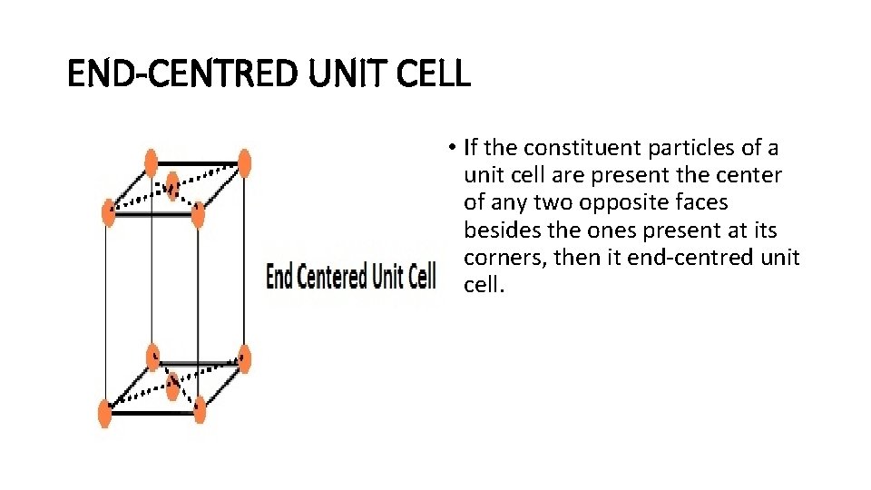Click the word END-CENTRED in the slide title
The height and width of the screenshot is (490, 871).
[181, 73]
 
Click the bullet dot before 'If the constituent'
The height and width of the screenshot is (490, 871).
[451, 148]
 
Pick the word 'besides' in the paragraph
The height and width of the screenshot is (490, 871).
[500, 230]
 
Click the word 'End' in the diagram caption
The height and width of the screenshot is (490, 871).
[279, 276]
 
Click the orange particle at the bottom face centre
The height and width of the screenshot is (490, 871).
[172, 386]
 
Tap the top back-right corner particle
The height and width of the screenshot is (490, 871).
[243, 163]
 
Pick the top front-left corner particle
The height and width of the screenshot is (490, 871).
[108, 212]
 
